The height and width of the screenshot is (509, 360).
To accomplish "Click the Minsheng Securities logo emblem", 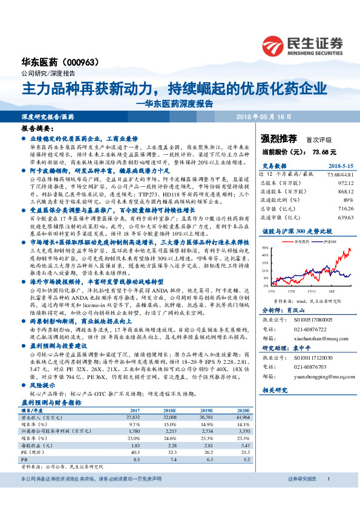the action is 273,45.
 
